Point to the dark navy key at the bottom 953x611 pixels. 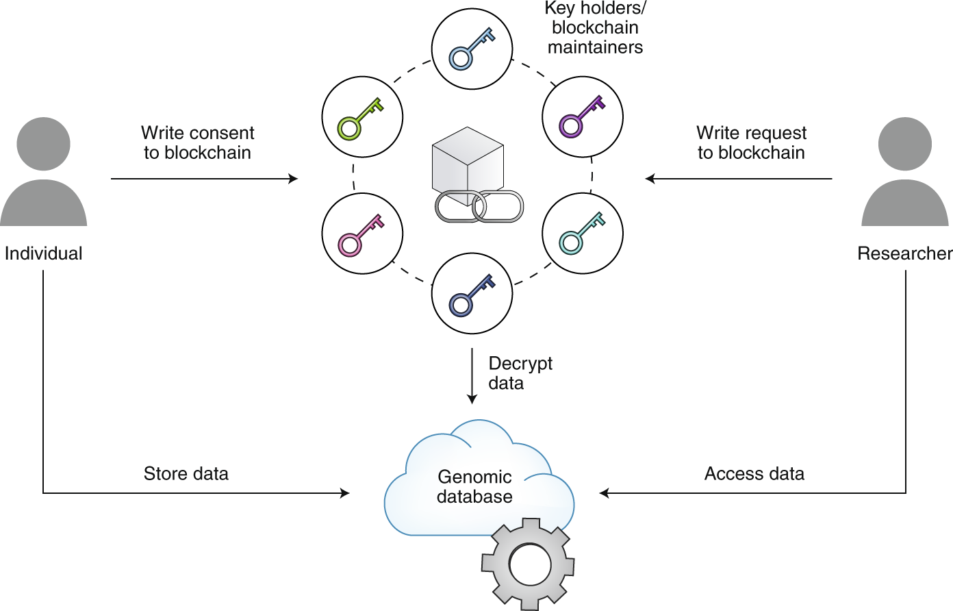472,294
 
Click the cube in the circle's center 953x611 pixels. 468,161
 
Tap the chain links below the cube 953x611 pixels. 479,206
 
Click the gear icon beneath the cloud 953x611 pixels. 528,564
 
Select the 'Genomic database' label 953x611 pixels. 474,486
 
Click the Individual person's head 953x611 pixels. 43,144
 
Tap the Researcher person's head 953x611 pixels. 904,144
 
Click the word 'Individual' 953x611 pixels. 43,253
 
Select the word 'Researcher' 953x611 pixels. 904,253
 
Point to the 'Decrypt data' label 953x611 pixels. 520,373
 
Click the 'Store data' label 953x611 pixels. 186,473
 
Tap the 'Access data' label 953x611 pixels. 754,473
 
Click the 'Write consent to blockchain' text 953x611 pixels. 197,142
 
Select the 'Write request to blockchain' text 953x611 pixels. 751,142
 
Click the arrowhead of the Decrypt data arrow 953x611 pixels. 472,399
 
